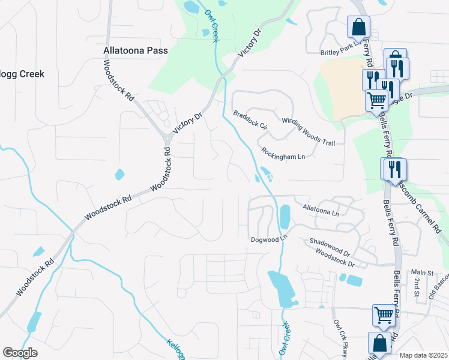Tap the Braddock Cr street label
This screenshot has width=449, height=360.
click(250, 119)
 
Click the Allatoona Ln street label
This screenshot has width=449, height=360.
click(321, 209)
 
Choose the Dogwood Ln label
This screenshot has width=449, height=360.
click(270, 239)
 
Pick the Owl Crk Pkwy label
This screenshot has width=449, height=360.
click(341, 339)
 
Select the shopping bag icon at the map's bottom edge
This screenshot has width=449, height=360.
click(379, 344)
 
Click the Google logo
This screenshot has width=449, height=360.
click(20, 352)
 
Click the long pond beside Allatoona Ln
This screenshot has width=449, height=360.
click(285, 217)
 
